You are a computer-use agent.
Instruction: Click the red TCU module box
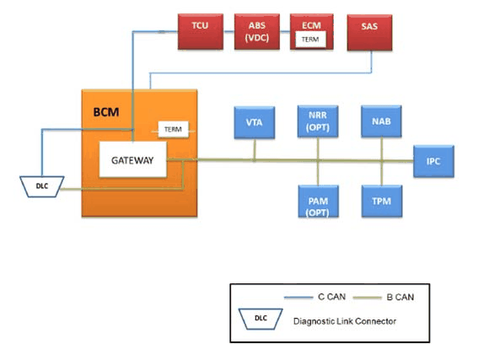(x=201, y=31)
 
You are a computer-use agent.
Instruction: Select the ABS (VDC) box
(x=257, y=31)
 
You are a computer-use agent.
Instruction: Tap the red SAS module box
(x=369, y=32)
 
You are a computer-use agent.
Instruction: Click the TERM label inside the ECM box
(x=310, y=40)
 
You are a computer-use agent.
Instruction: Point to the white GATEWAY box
(x=133, y=159)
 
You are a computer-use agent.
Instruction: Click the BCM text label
(x=106, y=112)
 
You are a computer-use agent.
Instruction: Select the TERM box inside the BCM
(x=173, y=129)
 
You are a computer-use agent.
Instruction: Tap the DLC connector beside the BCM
(x=42, y=186)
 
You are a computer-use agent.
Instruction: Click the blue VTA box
(x=255, y=122)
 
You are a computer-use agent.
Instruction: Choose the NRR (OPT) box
(x=318, y=121)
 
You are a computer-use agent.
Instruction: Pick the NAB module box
(x=381, y=121)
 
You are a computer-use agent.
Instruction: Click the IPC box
(x=433, y=161)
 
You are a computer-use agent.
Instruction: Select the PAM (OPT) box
(x=319, y=201)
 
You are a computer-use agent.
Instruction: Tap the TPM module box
(x=382, y=201)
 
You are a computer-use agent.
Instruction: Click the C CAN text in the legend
(x=332, y=297)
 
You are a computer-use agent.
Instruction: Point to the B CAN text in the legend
(x=400, y=297)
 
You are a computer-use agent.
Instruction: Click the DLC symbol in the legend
(x=261, y=319)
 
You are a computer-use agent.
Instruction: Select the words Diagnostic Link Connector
(x=345, y=321)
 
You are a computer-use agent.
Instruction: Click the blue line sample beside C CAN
(x=298, y=298)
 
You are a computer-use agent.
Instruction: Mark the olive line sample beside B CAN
(x=368, y=298)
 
